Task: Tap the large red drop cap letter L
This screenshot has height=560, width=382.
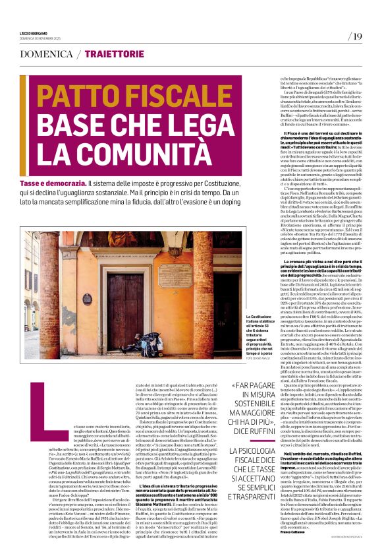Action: click(36, 394)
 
